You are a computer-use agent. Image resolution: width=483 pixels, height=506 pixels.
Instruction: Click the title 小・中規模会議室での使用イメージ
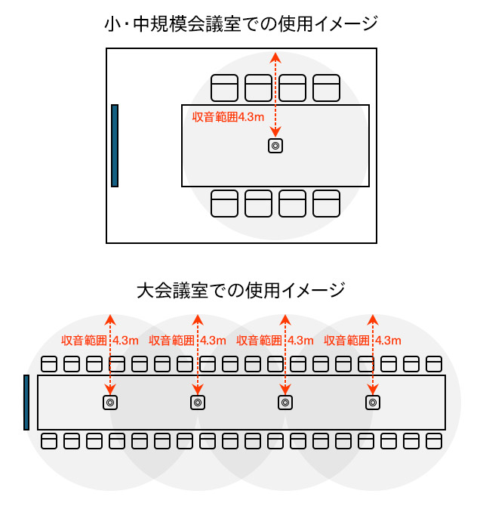coord(241,24)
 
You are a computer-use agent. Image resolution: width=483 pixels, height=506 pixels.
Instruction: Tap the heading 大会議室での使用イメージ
coord(241,290)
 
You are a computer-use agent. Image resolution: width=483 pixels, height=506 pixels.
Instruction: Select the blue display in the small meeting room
coord(115,145)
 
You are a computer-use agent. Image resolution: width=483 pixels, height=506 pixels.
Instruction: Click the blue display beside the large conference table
coord(26,403)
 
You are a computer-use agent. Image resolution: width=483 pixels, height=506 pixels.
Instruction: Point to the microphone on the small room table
coord(275,146)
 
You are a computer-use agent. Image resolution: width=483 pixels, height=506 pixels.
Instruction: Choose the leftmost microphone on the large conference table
coord(110,403)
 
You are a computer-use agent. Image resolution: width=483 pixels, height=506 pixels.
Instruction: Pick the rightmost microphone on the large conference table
coord(372,403)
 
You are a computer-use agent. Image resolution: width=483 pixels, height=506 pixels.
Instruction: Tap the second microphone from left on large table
coord(198,403)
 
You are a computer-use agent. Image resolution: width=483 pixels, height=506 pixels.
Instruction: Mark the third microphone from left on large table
coord(285,403)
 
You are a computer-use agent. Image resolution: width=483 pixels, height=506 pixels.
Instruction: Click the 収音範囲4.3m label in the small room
coord(227,117)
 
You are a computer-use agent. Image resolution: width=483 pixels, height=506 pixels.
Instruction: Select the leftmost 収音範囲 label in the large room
coord(83,341)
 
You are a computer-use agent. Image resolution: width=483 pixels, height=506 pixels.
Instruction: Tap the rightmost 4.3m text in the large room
coord(388,341)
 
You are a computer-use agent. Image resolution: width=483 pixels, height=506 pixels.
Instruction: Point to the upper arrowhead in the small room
coord(275,57)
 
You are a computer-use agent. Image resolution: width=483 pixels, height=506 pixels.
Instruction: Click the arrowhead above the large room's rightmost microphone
coord(372,318)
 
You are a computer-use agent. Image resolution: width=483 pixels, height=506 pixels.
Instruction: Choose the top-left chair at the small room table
coord(224,88)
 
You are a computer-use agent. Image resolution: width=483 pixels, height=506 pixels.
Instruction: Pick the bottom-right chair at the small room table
coord(327,204)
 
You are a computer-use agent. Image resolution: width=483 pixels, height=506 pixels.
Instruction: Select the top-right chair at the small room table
coord(327,88)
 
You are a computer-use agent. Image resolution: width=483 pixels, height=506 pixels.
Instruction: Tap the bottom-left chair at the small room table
coord(224,204)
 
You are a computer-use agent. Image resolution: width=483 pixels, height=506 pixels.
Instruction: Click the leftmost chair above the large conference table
coord(49,364)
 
